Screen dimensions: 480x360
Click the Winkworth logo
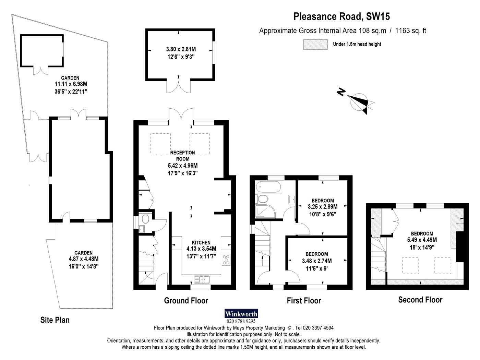241,314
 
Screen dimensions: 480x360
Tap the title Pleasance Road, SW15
341,16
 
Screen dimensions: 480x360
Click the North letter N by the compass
341,92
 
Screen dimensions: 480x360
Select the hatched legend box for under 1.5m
315,44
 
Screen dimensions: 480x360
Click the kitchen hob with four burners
226,260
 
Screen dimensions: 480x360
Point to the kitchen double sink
202,279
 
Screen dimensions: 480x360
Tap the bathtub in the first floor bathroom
268,187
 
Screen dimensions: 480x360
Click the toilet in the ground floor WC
145,219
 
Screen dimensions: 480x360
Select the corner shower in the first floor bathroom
265,211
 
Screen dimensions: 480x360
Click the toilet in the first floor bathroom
262,199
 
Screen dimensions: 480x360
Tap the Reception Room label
183,156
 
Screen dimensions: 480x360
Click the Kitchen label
201,242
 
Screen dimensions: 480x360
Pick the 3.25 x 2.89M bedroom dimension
323,206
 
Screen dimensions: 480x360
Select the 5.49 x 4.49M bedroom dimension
422,240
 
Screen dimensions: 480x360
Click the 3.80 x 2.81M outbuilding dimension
181,49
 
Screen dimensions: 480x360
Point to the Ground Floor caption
186,301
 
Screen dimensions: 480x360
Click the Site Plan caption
55,320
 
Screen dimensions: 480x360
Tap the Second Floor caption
420,300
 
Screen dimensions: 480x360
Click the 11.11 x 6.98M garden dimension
71,84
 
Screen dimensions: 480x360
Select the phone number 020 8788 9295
241,321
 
